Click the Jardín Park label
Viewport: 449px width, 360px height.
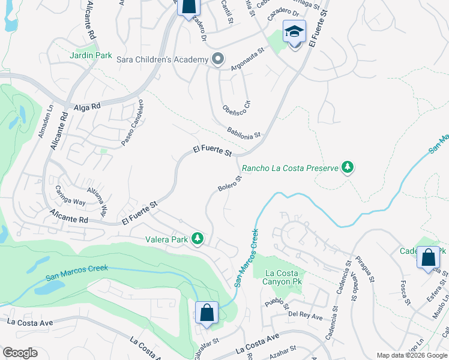tap(91, 55)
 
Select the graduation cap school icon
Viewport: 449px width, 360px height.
tap(294, 31)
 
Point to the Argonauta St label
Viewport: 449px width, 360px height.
tap(247, 59)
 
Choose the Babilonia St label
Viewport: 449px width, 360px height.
tap(244, 133)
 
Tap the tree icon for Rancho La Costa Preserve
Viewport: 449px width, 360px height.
tap(347, 167)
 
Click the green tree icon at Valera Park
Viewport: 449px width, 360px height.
tap(197, 239)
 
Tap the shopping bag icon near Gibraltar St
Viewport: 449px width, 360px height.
tap(206, 312)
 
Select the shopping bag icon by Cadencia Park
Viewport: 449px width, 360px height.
tap(429, 257)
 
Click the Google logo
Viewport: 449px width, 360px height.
tap(20, 353)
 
